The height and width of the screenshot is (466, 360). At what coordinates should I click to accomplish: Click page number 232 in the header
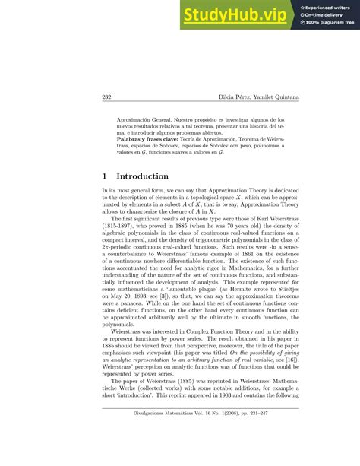[x=106, y=97]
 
